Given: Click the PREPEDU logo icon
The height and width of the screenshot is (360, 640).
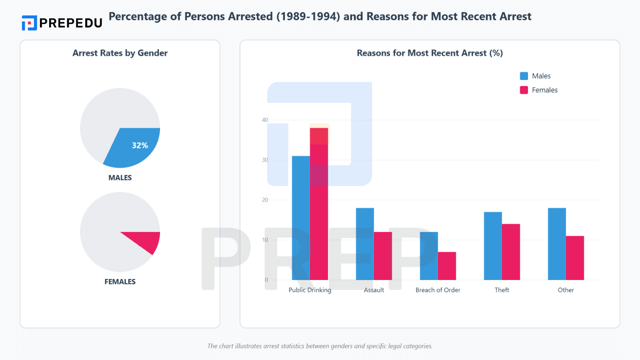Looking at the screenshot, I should [x=29, y=23].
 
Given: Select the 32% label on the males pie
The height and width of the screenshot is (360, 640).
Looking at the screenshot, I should [x=140, y=145].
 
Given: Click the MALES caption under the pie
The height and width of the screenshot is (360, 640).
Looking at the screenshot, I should [x=120, y=178].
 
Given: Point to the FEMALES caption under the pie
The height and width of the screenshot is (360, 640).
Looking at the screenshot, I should [x=120, y=282].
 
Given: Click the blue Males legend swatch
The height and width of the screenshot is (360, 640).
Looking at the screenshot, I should [x=524, y=76].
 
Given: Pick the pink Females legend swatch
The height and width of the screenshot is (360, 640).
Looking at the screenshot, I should [x=524, y=90].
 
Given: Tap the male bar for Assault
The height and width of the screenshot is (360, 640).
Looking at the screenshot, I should [x=365, y=244].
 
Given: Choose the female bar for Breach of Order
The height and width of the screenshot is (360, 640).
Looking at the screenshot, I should [x=447, y=266].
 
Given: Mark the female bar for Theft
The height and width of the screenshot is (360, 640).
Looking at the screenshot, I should [x=511, y=252].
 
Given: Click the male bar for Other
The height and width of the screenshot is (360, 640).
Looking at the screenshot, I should [x=557, y=244].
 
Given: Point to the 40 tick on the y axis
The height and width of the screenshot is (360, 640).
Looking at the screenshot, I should [x=265, y=120].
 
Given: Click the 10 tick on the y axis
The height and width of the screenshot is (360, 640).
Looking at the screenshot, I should [x=265, y=240].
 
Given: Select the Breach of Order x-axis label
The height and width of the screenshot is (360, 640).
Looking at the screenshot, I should [x=438, y=290].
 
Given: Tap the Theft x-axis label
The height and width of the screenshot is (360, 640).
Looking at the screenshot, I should [x=502, y=290].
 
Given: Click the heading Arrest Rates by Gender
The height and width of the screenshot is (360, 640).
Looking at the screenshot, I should [x=120, y=53].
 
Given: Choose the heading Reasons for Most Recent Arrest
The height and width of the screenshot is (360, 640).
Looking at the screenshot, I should [x=430, y=53].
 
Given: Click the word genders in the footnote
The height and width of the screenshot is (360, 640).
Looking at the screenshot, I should [x=353, y=346].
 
